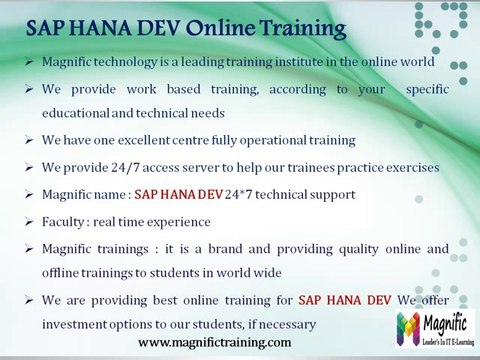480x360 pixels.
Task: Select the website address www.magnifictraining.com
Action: [215, 342]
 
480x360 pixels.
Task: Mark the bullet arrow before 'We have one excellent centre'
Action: [30, 140]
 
